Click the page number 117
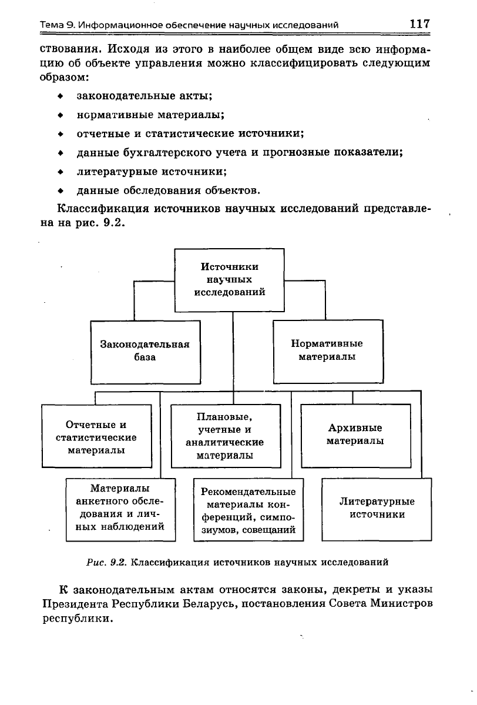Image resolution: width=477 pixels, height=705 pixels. [x=419, y=24]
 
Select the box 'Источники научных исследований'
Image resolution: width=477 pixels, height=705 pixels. [x=229, y=280]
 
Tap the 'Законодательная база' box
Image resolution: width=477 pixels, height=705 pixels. [x=145, y=352]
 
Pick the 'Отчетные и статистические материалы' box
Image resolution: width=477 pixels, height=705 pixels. [x=96, y=436]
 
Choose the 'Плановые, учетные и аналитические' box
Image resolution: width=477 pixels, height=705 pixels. [x=226, y=436]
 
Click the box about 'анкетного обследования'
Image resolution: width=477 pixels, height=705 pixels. [x=120, y=509]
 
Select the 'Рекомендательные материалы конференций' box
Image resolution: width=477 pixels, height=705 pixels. [x=248, y=509]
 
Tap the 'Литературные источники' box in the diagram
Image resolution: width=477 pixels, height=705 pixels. [x=377, y=509]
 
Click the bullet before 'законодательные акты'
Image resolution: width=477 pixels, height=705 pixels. [x=60, y=96]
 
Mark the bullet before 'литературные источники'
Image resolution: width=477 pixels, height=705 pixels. [x=60, y=172]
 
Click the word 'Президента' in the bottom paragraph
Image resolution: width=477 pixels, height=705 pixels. [x=75, y=603]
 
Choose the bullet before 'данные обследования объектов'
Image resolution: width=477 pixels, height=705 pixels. [x=60, y=191]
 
